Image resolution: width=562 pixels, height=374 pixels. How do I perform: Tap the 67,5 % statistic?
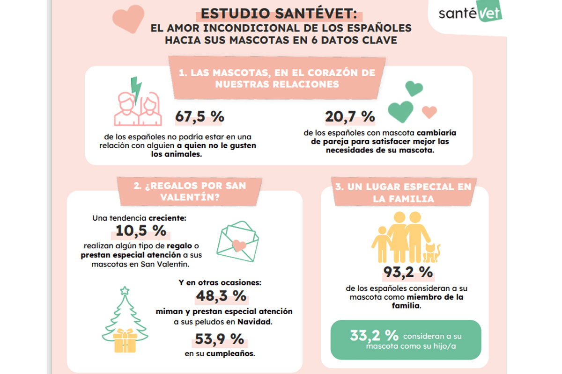tap(200, 117)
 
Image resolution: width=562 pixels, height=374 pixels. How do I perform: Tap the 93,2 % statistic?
tap(408, 272)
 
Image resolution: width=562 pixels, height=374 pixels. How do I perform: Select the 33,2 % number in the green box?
tap(374, 336)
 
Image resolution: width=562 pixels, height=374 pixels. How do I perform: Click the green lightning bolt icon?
tap(136, 89)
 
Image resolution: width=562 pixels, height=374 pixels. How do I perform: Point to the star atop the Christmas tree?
tap(125, 291)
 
